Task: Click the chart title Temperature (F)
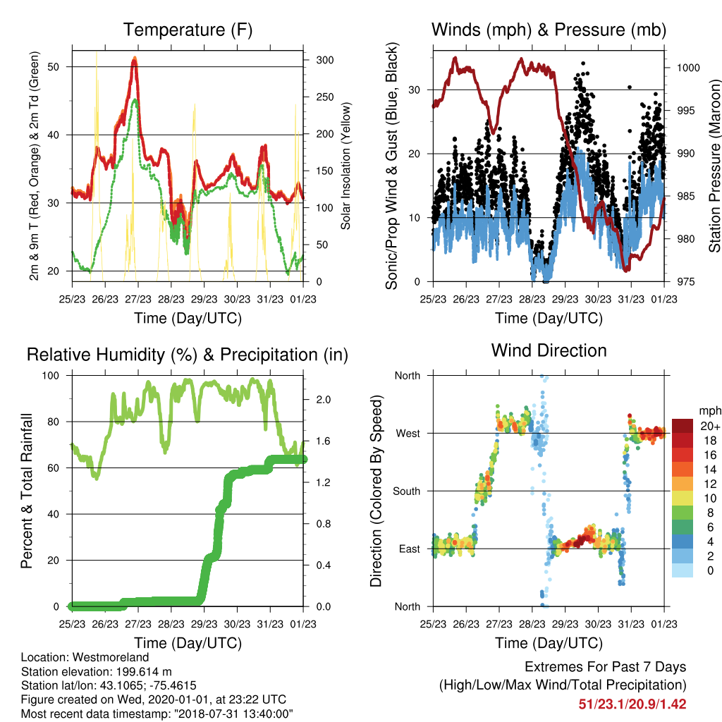[x=188, y=30]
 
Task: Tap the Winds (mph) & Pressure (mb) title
[x=549, y=30]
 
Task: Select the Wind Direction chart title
[x=549, y=350]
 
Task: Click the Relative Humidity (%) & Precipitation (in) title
[x=188, y=355]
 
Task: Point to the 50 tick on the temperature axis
[x=54, y=67]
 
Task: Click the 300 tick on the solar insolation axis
[x=325, y=61]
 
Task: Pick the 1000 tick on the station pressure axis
[x=688, y=68]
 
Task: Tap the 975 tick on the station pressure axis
[x=685, y=282]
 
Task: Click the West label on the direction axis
[x=408, y=434]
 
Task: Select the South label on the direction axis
[x=407, y=491]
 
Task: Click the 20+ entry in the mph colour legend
[x=710, y=427]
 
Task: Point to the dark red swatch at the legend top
[x=683, y=426]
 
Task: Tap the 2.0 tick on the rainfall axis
[x=324, y=400]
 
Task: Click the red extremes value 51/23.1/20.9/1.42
[x=632, y=704]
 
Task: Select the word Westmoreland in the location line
[x=111, y=657]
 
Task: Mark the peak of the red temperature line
[x=135, y=59]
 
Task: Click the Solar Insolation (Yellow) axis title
[x=345, y=166]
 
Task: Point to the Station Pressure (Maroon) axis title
[x=715, y=166]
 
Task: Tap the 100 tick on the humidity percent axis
[x=51, y=376]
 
